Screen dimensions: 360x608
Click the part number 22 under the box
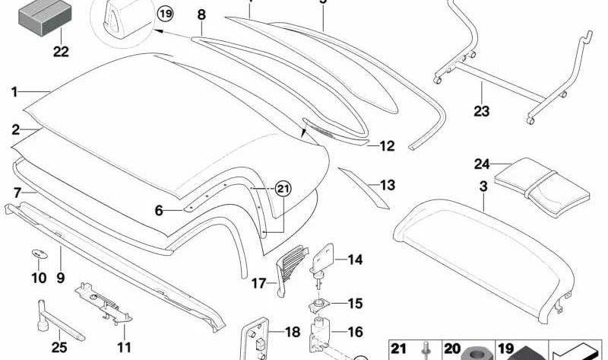tap(61, 52)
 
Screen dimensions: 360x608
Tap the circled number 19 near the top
tap(165, 14)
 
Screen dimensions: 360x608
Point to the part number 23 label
tap(482, 111)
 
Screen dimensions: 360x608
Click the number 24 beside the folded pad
tap(482, 164)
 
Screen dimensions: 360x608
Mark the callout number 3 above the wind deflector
tap(484, 186)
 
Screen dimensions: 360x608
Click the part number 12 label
tap(387, 145)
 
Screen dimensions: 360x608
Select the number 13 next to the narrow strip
tap(387, 185)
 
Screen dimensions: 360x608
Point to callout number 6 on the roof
tap(159, 210)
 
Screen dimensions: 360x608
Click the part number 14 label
tap(356, 260)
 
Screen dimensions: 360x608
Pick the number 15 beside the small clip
tap(356, 303)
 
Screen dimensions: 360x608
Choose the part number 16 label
tap(356, 332)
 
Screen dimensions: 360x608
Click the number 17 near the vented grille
tap(259, 284)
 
